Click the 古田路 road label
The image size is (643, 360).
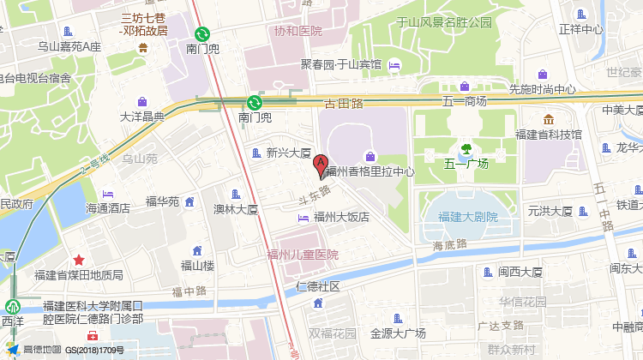pos(344,103)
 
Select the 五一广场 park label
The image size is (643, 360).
pos(466,163)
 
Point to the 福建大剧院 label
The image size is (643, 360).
pos(467,217)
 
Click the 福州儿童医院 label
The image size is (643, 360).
pos(303,255)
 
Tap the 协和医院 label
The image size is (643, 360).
pos(297,31)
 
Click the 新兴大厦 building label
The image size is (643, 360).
pos(288,153)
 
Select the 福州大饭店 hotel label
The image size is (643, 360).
pos(341,217)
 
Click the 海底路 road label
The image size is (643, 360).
pos(449,245)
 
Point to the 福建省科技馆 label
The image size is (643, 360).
pos(549,135)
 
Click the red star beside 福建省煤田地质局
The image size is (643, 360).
pos(79,260)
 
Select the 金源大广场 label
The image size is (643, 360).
pos(398,333)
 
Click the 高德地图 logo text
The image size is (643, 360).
pos(42,350)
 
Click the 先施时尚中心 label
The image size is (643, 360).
pos(542,88)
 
